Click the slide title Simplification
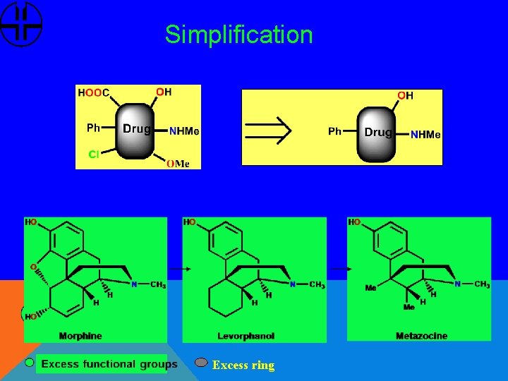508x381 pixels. pyautogui.click(x=238, y=35)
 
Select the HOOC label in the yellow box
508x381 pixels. pyautogui.click(x=93, y=92)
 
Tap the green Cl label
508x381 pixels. pyautogui.click(x=93, y=155)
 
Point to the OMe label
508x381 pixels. pyautogui.click(x=178, y=164)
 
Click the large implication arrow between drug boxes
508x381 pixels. pyautogui.click(x=267, y=128)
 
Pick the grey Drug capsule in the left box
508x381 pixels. pyautogui.click(x=136, y=129)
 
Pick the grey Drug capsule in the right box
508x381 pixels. pyautogui.click(x=377, y=133)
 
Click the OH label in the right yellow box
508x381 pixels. pyautogui.click(x=406, y=95)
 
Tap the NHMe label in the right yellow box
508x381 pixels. pyautogui.click(x=425, y=135)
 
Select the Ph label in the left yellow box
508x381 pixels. pyautogui.click(x=93, y=128)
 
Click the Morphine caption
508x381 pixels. pyautogui.click(x=80, y=336)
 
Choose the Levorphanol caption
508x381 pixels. pyautogui.click(x=246, y=336)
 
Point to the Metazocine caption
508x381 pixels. pyautogui.click(x=421, y=336)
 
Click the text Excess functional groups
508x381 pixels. pyautogui.click(x=109, y=364)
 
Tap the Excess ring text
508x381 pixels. pyautogui.click(x=243, y=365)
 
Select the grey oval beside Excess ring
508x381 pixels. pyautogui.click(x=201, y=363)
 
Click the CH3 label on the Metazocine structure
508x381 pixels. pyautogui.click(x=482, y=284)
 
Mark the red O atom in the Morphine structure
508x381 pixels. pyautogui.click(x=32, y=267)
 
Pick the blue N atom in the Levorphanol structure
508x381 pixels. pyautogui.click(x=292, y=284)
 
